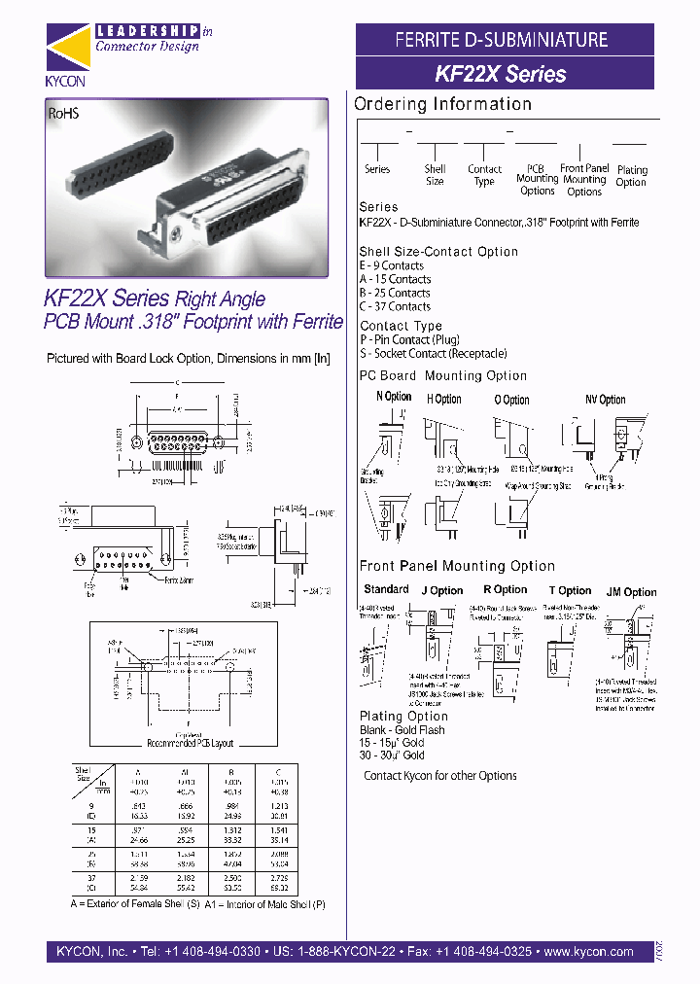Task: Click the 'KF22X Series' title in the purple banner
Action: click(501, 74)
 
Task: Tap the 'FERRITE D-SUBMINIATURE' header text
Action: click(501, 40)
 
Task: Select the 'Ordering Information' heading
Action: click(442, 104)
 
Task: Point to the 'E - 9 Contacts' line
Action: click(392, 265)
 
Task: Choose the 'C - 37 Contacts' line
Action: click(395, 306)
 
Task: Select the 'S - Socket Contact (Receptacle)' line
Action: click(433, 354)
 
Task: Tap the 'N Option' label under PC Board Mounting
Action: click(394, 397)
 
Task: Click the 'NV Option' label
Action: click(605, 400)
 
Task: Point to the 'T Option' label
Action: click(570, 590)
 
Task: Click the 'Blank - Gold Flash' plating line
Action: click(402, 730)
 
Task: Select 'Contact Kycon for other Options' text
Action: click(440, 776)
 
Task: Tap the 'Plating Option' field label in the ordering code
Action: click(631, 176)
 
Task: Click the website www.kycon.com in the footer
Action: click(589, 952)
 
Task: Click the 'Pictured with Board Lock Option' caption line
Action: click(189, 358)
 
